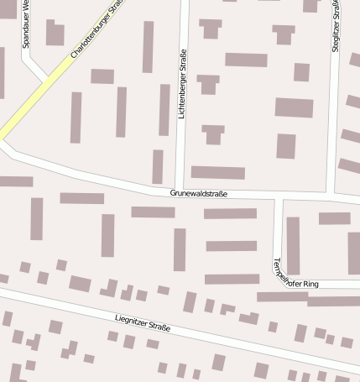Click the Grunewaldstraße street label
199,193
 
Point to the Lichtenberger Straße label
182,85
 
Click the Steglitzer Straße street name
336,28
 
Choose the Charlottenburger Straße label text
98,30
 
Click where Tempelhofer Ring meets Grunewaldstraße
279,198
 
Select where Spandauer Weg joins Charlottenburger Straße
47,82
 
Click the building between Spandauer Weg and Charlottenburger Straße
55,34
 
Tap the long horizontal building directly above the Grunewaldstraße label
217,172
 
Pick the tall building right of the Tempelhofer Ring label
293,245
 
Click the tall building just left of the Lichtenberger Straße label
164,109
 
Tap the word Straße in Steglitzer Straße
337,14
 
